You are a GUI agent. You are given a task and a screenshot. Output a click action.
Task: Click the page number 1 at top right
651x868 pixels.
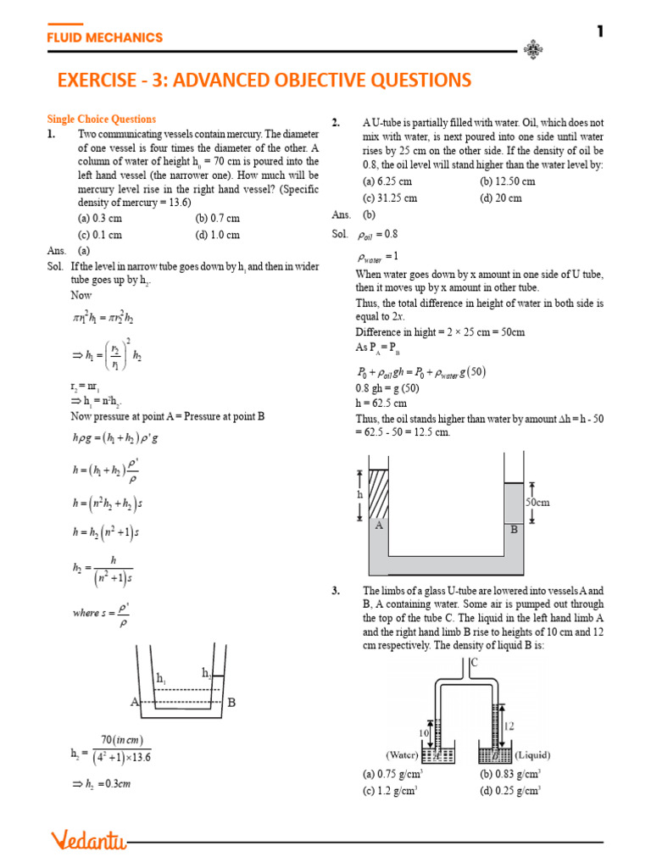[600, 31]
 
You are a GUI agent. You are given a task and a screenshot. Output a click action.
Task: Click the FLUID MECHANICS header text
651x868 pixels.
[104, 37]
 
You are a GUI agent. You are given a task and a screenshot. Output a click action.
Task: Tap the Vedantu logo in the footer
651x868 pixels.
[88, 840]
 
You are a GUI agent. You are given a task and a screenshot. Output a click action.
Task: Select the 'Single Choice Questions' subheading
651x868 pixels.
[101, 120]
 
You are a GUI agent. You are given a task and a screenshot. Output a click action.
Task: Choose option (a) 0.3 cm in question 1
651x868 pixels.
[100, 218]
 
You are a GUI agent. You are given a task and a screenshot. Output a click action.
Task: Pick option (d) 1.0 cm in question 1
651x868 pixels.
[217, 235]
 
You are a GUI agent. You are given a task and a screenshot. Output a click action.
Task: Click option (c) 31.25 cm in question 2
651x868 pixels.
[390, 198]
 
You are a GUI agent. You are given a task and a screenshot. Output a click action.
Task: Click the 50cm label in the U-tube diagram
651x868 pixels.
[537, 502]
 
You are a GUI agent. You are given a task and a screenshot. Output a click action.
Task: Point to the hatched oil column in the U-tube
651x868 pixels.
[379, 495]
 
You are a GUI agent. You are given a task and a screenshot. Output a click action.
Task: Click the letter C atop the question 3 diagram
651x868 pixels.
[473, 661]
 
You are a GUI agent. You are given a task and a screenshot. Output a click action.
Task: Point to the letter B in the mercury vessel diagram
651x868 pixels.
[231, 703]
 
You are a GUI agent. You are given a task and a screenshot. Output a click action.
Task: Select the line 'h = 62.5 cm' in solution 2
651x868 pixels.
[381, 403]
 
